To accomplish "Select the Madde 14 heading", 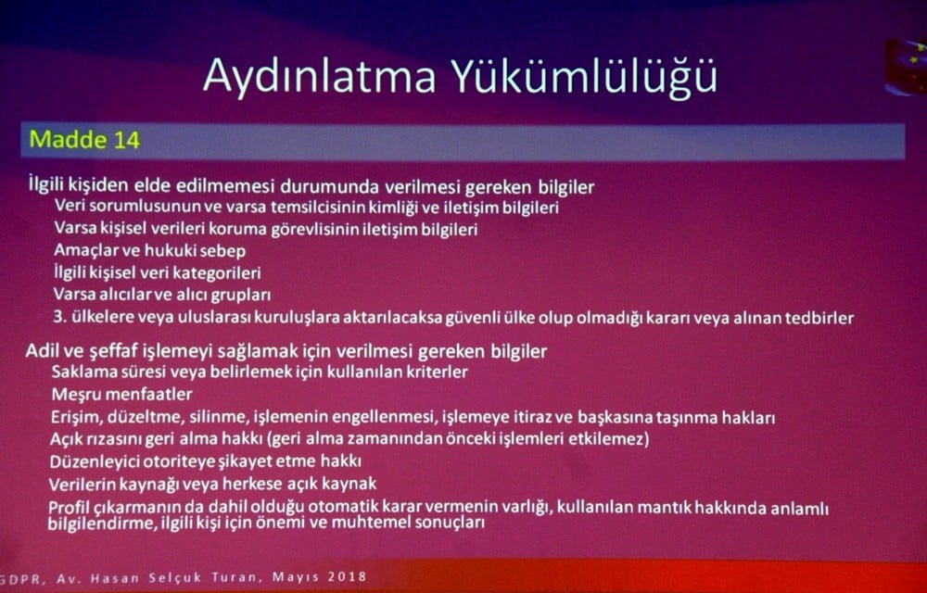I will coord(84,140).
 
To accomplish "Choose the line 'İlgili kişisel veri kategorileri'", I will coord(158,273).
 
